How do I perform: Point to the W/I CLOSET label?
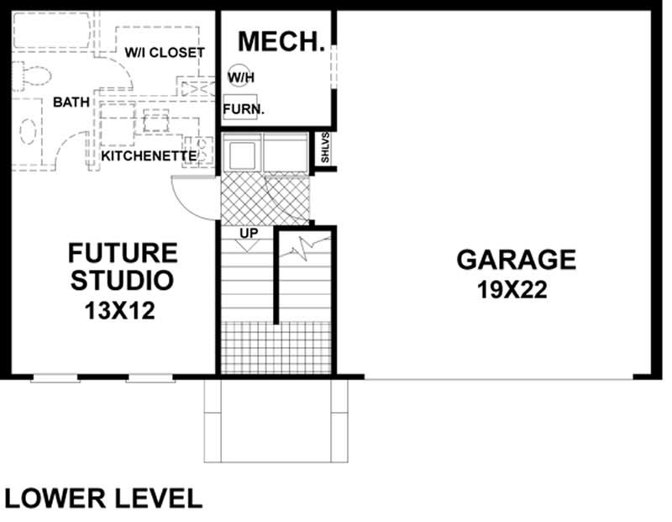tap(165, 52)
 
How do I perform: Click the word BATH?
tap(71, 103)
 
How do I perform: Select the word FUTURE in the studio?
tap(123, 252)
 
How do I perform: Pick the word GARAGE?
tap(517, 260)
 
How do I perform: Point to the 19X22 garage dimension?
tap(512, 291)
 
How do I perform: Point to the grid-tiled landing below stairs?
tap(277, 348)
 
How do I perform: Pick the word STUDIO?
tap(123, 281)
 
